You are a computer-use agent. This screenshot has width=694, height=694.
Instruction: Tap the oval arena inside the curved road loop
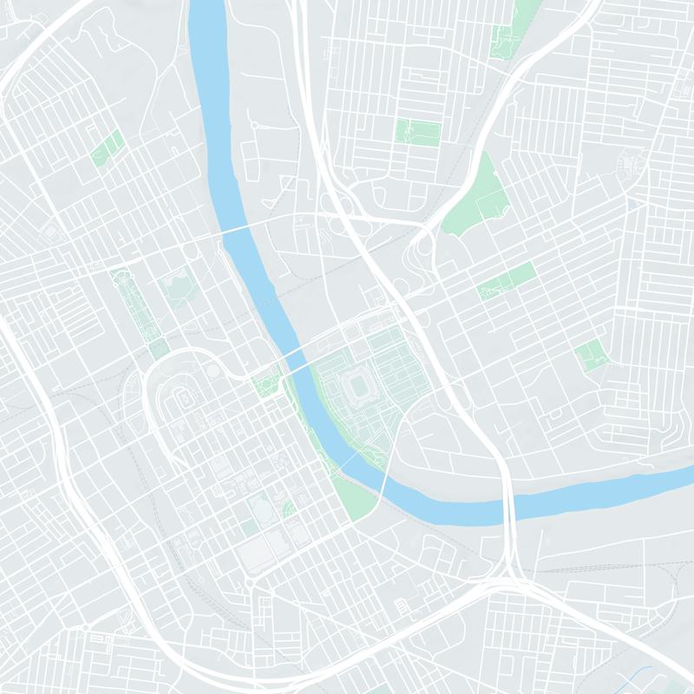click(x=185, y=399)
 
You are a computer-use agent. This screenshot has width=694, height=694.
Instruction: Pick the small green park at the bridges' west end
click(x=265, y=383)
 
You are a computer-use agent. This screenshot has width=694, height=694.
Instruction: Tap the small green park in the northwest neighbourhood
click(x=107, y=148)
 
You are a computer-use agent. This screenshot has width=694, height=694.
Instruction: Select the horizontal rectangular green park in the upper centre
click(x=418, y=131)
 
